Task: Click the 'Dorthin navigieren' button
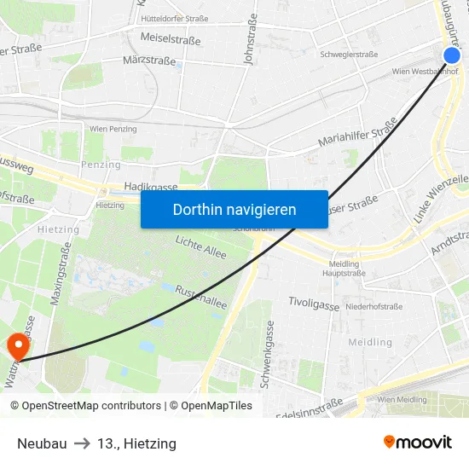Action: (x=234, y=209)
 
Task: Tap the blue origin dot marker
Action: (x=452, y=55)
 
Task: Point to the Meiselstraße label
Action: (x=170, y=38)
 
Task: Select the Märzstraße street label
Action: (x=149, y=61)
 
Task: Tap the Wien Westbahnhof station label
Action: (x=422, y=72)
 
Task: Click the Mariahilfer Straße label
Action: (x=357, y=132)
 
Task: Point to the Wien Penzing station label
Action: (x=113, y=128)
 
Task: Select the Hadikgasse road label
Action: (x=150, y=186)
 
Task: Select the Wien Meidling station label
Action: (x=401, y=399)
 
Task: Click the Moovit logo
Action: (x=418, y=443)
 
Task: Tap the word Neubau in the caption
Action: (x=42, y=443)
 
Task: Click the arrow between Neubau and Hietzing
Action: (x=82, y=443)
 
